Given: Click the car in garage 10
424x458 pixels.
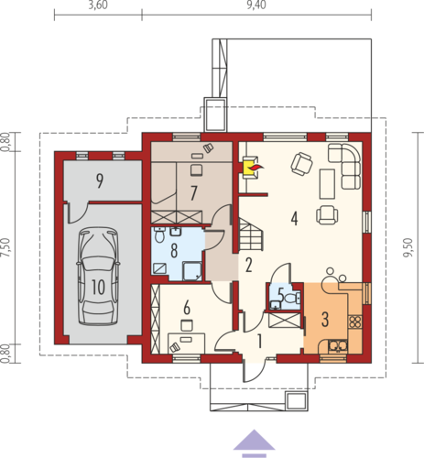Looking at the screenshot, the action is (98, 277).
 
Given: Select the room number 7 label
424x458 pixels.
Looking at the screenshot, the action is (193, 193).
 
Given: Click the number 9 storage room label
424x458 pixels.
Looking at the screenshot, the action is (100, 180).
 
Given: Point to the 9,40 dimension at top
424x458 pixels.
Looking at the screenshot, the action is (256, 5).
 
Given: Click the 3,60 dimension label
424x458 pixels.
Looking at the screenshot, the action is (98, 5).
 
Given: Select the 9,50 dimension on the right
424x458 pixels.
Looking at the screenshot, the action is (408, 247).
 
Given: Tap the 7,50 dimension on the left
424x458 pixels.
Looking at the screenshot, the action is (6, 247).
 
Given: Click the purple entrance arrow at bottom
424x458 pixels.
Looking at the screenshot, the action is (254, 443).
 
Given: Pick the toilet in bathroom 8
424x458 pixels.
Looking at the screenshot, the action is (159, 234).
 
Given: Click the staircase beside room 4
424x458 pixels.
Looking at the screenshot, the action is (251, 234).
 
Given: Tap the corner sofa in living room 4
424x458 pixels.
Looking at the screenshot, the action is (344, 166).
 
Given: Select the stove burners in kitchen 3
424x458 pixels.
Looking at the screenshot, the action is (354, 322).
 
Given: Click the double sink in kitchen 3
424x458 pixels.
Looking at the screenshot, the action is (338, 346).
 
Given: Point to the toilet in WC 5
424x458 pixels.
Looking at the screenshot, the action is (292, 298).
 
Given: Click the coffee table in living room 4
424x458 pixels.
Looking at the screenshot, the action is (327, 184).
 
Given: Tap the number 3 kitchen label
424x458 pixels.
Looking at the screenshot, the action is (325, 320).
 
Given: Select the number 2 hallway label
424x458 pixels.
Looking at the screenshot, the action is (249, 265).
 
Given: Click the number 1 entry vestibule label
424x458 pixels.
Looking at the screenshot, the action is (259, 341).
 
